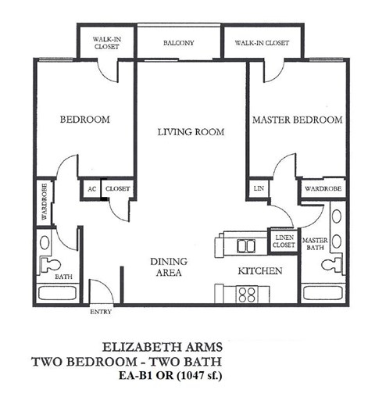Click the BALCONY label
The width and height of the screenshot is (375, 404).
179,43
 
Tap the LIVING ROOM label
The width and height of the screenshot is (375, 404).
191,132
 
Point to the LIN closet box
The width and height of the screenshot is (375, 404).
258,188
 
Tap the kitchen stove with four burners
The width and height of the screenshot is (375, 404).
247,295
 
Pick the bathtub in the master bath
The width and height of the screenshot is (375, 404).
323,296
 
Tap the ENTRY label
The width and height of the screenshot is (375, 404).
102,312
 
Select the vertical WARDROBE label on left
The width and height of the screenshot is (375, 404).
44,202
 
